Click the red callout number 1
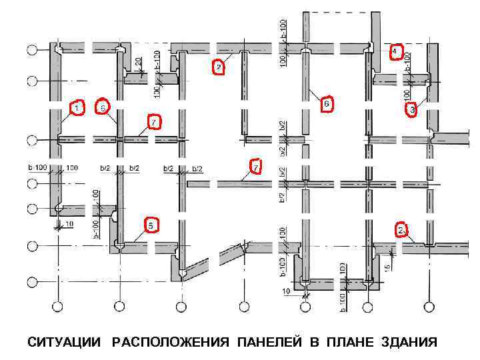(77, 108)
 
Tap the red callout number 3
(413, 109)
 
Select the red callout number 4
(396, 51)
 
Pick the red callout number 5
(152, 226)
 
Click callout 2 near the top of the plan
(217, 67)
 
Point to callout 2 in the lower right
(402, 230)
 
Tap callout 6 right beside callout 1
(103, 107)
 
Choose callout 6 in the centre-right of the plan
(326, 105)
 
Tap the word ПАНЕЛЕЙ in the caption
(269, 343)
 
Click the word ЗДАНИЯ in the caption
(409, 343)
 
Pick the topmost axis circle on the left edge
(31, 51)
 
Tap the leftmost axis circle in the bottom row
(58, 307)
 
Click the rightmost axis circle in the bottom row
(427, 307)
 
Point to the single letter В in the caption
(313, 343)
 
